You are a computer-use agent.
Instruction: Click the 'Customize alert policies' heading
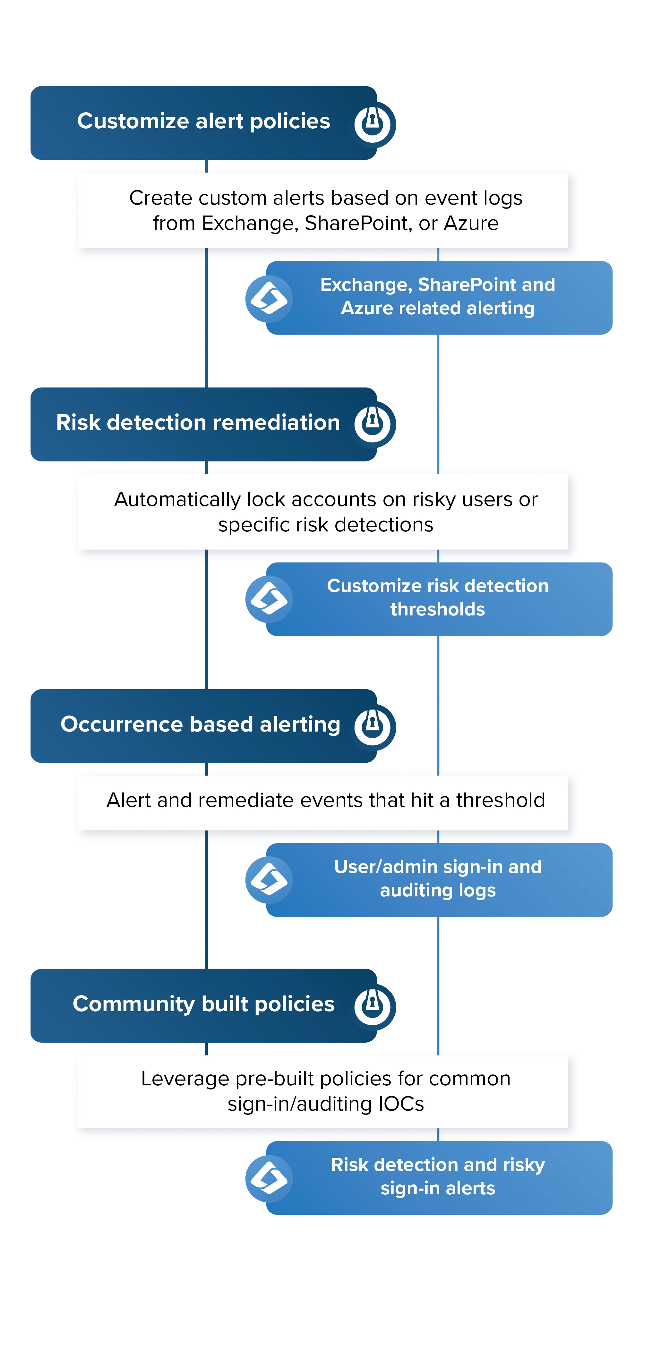[203, 121]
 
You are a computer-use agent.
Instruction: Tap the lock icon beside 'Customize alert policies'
[373, 124]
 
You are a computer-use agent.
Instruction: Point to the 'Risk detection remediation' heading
[198, 422]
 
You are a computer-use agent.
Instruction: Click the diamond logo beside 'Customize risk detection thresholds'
[269, 599]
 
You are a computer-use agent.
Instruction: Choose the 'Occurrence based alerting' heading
[201, 724]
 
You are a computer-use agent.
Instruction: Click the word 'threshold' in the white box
[500, 800]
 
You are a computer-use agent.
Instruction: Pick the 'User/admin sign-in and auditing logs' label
[437, 878]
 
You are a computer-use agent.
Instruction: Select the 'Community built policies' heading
[203, 1004]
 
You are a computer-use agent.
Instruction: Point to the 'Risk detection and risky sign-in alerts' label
[437, 1176]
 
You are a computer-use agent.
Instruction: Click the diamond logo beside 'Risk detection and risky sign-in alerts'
[269, 1178]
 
